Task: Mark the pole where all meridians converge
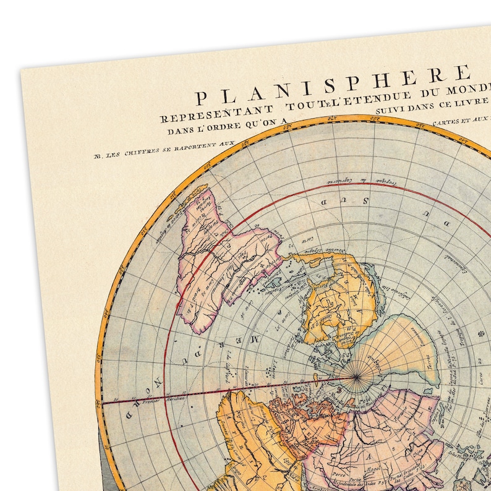[356, 377]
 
